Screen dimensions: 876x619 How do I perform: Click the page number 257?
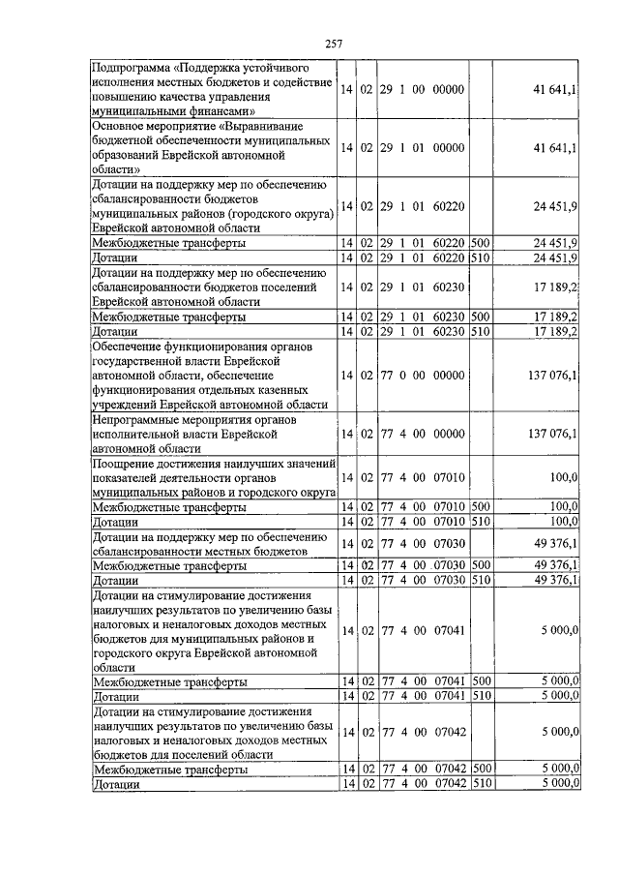334,42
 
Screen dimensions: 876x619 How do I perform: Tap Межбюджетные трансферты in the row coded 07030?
167,565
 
